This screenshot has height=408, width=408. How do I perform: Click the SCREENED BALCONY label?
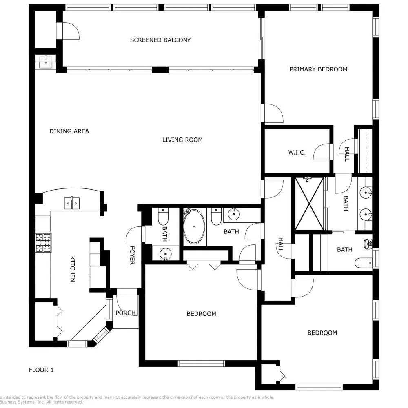(x=160, y=40)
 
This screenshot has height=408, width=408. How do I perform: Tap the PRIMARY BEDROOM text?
(x=318, y=69)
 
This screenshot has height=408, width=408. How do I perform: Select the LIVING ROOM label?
(x=182, y=140)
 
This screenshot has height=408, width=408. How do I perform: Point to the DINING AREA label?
(x=69, y=131)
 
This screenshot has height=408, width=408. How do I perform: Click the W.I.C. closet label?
(x=297, y=153)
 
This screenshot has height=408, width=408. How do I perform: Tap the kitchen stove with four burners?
(x=43, y=242)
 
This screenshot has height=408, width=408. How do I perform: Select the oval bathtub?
(x=194, y=227)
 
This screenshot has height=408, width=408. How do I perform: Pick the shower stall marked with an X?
(x=309, y=203)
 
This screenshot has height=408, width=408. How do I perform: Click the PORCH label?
(x=125, y=313)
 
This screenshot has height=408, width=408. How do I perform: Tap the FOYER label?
(x=132, y=255)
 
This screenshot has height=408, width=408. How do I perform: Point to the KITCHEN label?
(x=72, y=269)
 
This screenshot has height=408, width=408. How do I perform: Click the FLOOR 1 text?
(x=41, y=370)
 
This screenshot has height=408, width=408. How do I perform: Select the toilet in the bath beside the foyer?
(x=163, y=216)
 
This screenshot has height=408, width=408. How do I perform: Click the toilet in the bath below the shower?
(x=363, y=263)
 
